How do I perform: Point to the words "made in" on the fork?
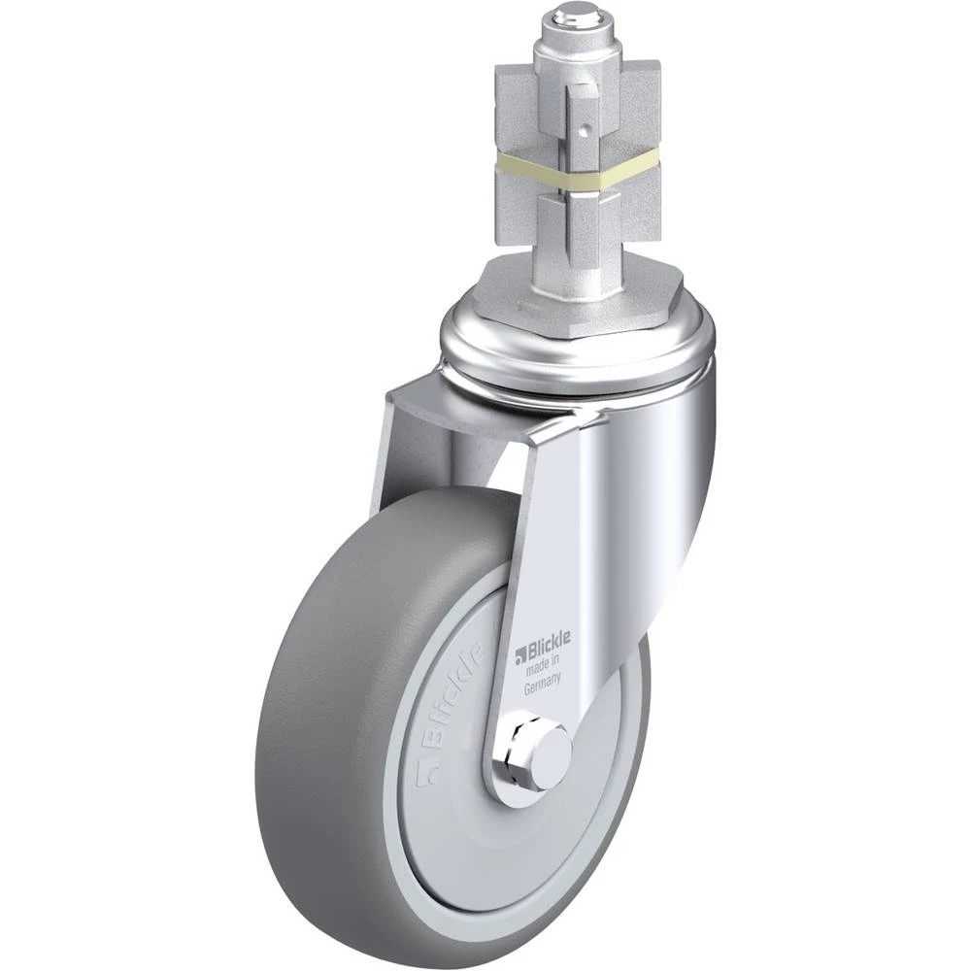[x=543, y=665]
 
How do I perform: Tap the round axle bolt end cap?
[x=552, y=753]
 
